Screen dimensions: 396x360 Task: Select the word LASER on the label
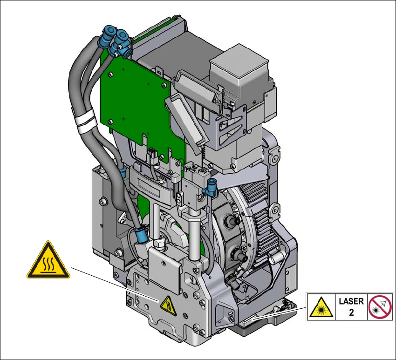tap(351, 301)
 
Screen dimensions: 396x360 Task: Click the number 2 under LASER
tap(351, 312)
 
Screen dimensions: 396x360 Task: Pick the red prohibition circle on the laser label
tap(380, 307)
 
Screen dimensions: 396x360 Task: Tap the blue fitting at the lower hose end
tap(141, 234)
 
